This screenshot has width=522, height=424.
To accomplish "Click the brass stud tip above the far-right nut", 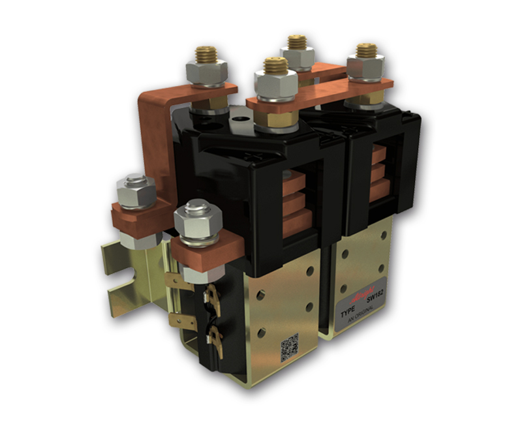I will tap(366, 50).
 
